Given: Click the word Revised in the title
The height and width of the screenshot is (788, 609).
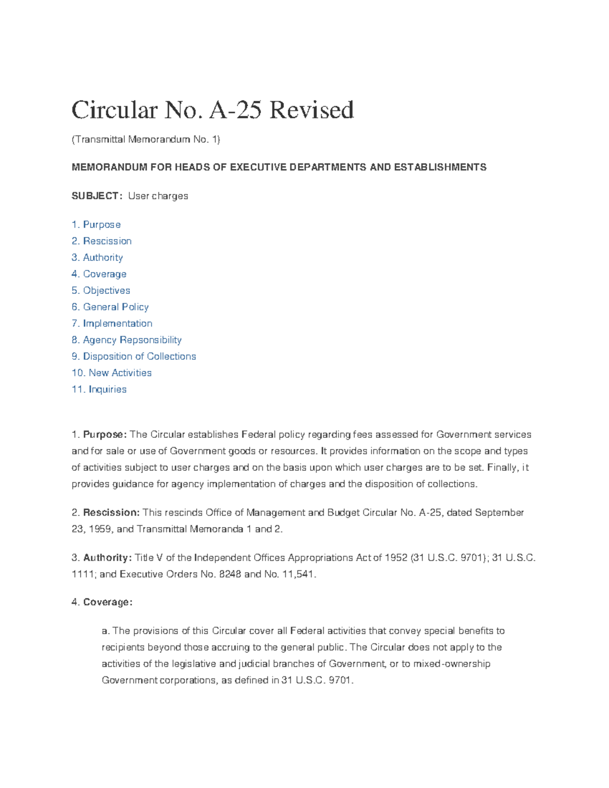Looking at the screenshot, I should coord(311,111).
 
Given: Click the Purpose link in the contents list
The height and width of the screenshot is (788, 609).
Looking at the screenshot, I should coord(96,225).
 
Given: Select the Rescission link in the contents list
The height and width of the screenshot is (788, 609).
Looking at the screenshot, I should coord(101,241).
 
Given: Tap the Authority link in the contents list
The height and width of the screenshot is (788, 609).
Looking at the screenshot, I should coord(97,258).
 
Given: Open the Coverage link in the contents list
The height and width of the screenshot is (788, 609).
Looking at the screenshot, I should coord(99,274).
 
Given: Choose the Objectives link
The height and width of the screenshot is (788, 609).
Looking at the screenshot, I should coord(101,291).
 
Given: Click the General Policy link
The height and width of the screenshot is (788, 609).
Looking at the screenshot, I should coord(110,307).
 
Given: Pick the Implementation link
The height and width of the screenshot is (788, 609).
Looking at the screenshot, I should coord(112,324).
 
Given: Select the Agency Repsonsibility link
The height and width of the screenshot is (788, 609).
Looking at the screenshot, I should coord(127,340).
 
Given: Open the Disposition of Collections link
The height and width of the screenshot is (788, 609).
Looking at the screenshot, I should coord(134,357).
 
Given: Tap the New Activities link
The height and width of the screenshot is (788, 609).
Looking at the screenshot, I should coord(112,373).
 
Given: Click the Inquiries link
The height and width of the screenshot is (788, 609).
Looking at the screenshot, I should coord(99,390).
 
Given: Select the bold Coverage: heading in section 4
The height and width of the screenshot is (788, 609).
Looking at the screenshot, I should coord(108,602).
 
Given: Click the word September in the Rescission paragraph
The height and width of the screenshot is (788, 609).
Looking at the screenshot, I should coord(499,512).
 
